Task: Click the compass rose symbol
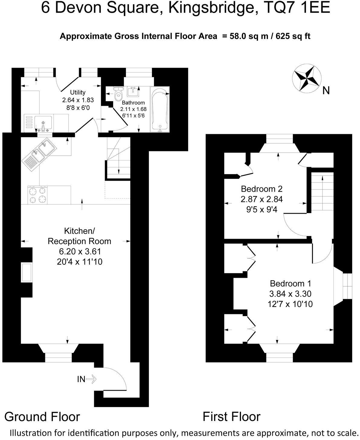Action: pos(307,77)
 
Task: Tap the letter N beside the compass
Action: pos(326,90)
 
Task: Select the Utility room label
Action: pos(78,92)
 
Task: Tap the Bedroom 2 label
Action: pos(262,189)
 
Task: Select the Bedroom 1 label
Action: pos(290,283)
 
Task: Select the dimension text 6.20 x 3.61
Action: pos(80,251)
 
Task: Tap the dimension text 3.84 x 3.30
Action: pos(290,294)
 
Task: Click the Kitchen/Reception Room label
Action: pos(79,236)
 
